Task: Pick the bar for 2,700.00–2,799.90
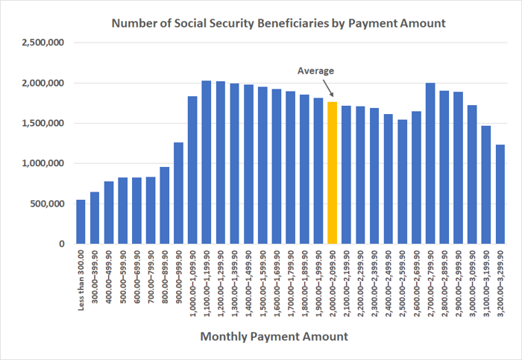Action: (430, 163)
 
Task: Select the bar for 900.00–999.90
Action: (178, 193)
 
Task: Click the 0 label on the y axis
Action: (62, 244)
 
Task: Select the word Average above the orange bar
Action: (316, 71)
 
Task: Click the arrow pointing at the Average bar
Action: (327, 89)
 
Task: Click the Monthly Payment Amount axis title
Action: (274, 337)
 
